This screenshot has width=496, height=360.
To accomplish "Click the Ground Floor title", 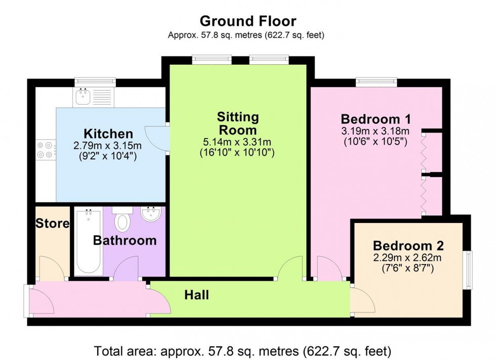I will [x=247, y=21].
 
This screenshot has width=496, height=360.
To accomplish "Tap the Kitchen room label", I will [x=108, y=134].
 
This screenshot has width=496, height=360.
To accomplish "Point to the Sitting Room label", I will [x=238, y=123].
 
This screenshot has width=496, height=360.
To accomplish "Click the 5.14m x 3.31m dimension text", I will [x=238, y=142].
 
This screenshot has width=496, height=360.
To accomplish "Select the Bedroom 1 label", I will [x=376, y=119].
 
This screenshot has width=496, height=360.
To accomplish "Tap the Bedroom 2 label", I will [x=408, y=246].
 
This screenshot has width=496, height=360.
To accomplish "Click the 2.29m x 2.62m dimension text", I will [x=408, y=258].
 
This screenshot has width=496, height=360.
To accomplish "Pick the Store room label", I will [x=53, y=223].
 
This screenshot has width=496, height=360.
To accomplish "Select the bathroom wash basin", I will [x=151, y=215].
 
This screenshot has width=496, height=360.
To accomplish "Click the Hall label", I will [x=196, y=295].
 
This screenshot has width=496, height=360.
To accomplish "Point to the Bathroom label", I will [x=125, y=241].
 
